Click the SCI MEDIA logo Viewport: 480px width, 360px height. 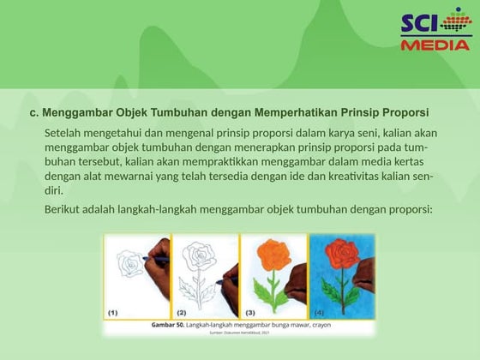[x=435, y=31]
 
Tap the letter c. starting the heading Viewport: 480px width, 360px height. [x=33, y=113]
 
